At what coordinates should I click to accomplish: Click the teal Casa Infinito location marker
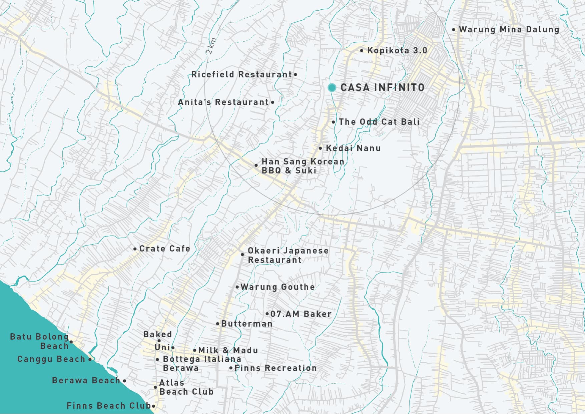(x=332, y=88)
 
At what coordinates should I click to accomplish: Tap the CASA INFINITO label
(x=382, y=88)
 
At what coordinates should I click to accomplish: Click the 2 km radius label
(x=211, y=46)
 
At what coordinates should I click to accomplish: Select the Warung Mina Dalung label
(x=509, y=30)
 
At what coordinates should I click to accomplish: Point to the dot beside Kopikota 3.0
(x=362, y=51)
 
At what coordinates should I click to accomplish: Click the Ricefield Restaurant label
(x=242, y=74)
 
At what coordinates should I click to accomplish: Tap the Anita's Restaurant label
(x=223, y=102)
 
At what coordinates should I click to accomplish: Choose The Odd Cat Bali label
(x=379, y=122)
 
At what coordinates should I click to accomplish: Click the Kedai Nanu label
(x=353, y=148)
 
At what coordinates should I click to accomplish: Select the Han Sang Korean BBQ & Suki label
(x=302, y=166)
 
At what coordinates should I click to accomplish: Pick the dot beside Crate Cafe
(x=135, y=249)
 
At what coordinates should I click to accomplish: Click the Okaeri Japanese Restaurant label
(x=288, y=255)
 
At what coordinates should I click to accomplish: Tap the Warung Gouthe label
(x=277, y=287)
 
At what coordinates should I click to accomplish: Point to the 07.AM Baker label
(x=301, y=314)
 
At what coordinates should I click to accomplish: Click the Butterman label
(x=246, y=324)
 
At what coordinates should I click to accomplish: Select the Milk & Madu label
(x=228, y=350)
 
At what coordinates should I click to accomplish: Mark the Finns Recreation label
(x=275, y=368)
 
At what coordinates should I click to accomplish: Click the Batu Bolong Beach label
(x=39, y=341)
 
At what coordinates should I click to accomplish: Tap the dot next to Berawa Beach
(x=124, y=381)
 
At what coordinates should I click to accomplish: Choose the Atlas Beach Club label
(x=186, y=387)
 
